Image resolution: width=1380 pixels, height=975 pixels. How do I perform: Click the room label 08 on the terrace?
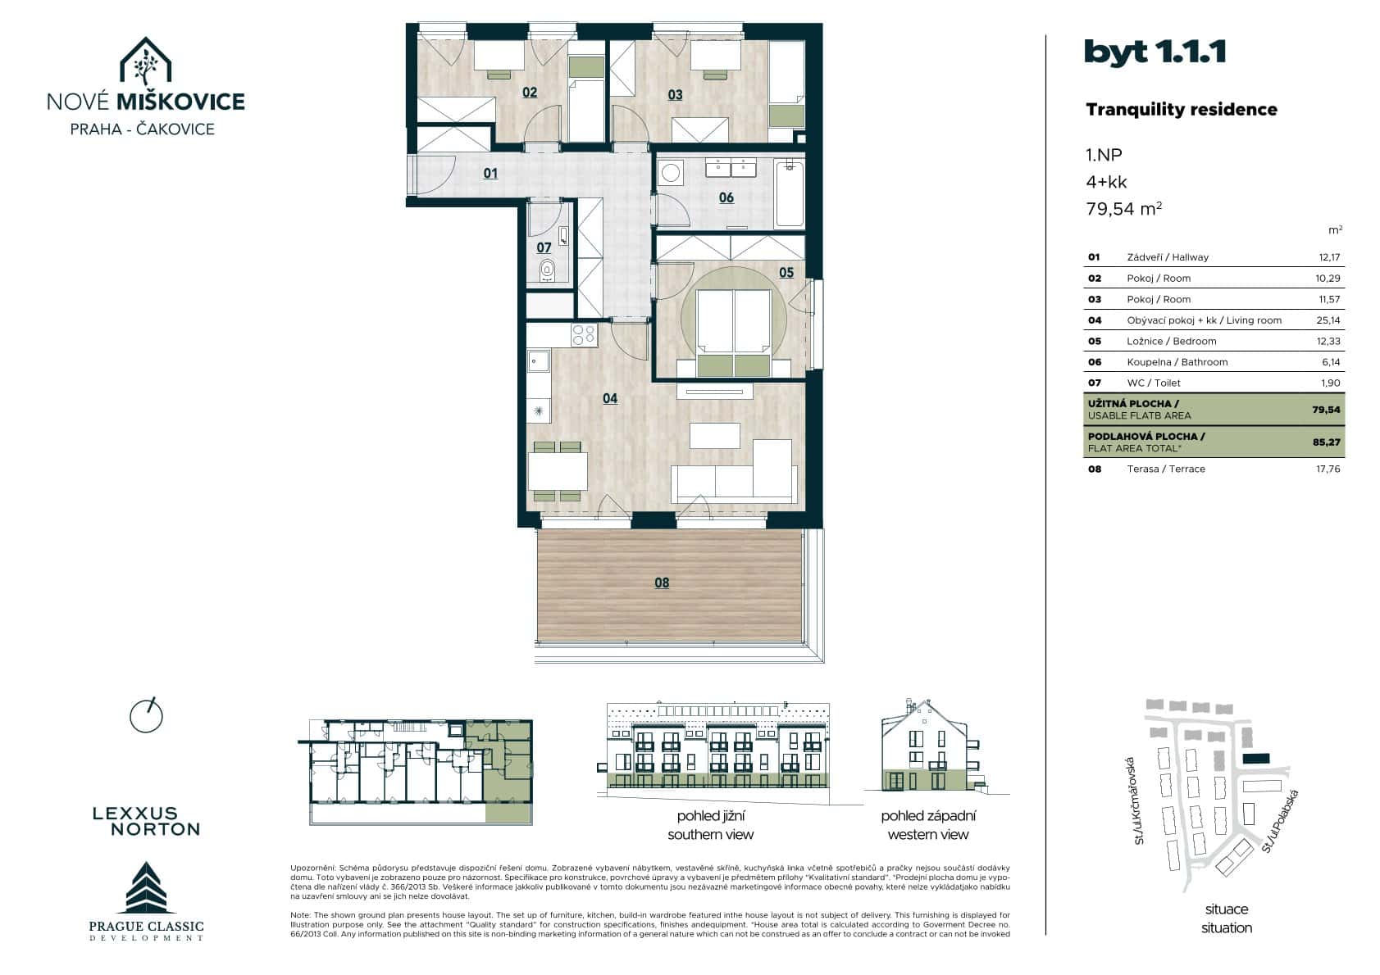pyautogui.click(x=662, y=583)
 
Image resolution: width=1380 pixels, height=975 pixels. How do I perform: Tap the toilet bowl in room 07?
pyautogui.click(x=547, y=270)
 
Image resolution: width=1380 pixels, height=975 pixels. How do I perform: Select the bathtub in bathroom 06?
pyautogui.click(x=789, y=193)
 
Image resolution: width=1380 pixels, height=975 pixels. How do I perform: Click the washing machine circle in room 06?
pyautogui.click(x=672, y=173)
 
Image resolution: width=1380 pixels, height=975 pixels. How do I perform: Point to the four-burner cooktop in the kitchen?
pyautogui.click(x=584, y=334)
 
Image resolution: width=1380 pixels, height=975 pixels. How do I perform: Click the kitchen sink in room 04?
pyautogui.click(x=539, y=361)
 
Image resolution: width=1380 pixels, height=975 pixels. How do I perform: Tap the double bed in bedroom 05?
pyautogui.click(x=735, y=332)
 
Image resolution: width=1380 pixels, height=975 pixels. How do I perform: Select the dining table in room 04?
pyautogui.click(x=558, y=471)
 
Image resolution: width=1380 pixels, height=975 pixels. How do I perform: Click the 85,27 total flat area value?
pyautogui.click(x=1326, y=442)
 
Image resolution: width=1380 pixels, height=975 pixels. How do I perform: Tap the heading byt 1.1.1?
pyautogui.click(x=1155, y=52)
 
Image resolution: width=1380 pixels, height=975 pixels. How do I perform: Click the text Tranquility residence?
pyautogui.click(x=1181, y=110)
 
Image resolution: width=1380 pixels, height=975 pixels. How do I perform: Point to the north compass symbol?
pyautogui.click(x=147, y=715)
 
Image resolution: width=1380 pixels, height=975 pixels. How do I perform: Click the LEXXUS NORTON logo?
pyautogui.click(x=146, y=820)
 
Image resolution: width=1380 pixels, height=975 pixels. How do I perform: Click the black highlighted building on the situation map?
pyautogui.click(x=1255, y=760)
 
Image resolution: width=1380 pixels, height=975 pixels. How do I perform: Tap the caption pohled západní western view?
pyautogui.click(x=928, y=825)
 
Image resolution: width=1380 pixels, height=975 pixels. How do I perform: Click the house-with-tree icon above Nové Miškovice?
pyautogui.click(x=145, y=61)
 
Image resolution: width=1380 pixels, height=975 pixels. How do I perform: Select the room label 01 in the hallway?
pyautogui.click(x=490, y=173)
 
